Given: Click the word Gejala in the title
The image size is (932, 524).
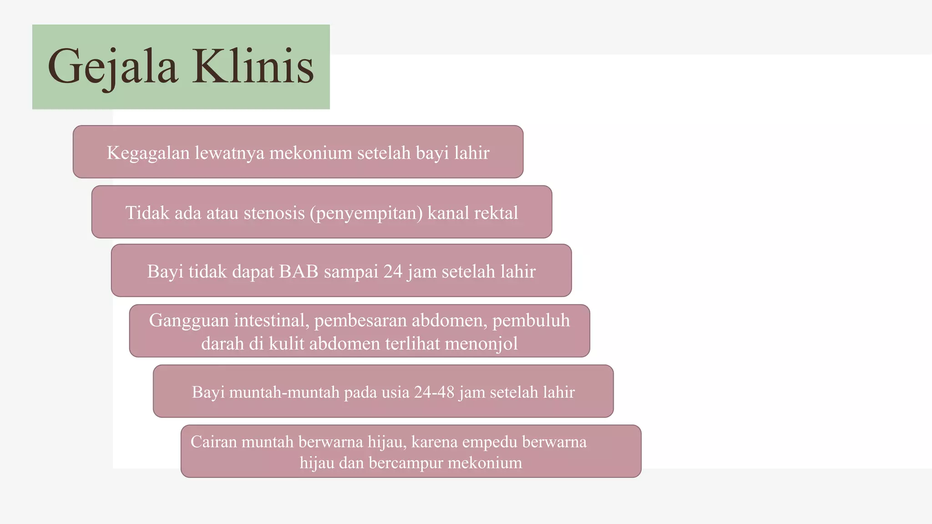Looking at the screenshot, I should point(112,67).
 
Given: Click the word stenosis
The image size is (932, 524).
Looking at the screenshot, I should point(274,213).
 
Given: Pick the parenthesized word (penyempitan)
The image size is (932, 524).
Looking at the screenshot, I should point(366,213).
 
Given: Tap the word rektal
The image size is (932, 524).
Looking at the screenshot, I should point(496,213).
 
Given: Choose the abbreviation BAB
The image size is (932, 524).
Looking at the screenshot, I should point(299,272).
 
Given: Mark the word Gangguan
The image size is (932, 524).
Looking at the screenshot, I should point(189,321).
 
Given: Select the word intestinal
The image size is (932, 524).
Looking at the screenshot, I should point(272,320).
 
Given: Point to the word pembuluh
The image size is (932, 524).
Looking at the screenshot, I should point(531,320).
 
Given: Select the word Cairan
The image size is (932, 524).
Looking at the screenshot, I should point(213,442).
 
